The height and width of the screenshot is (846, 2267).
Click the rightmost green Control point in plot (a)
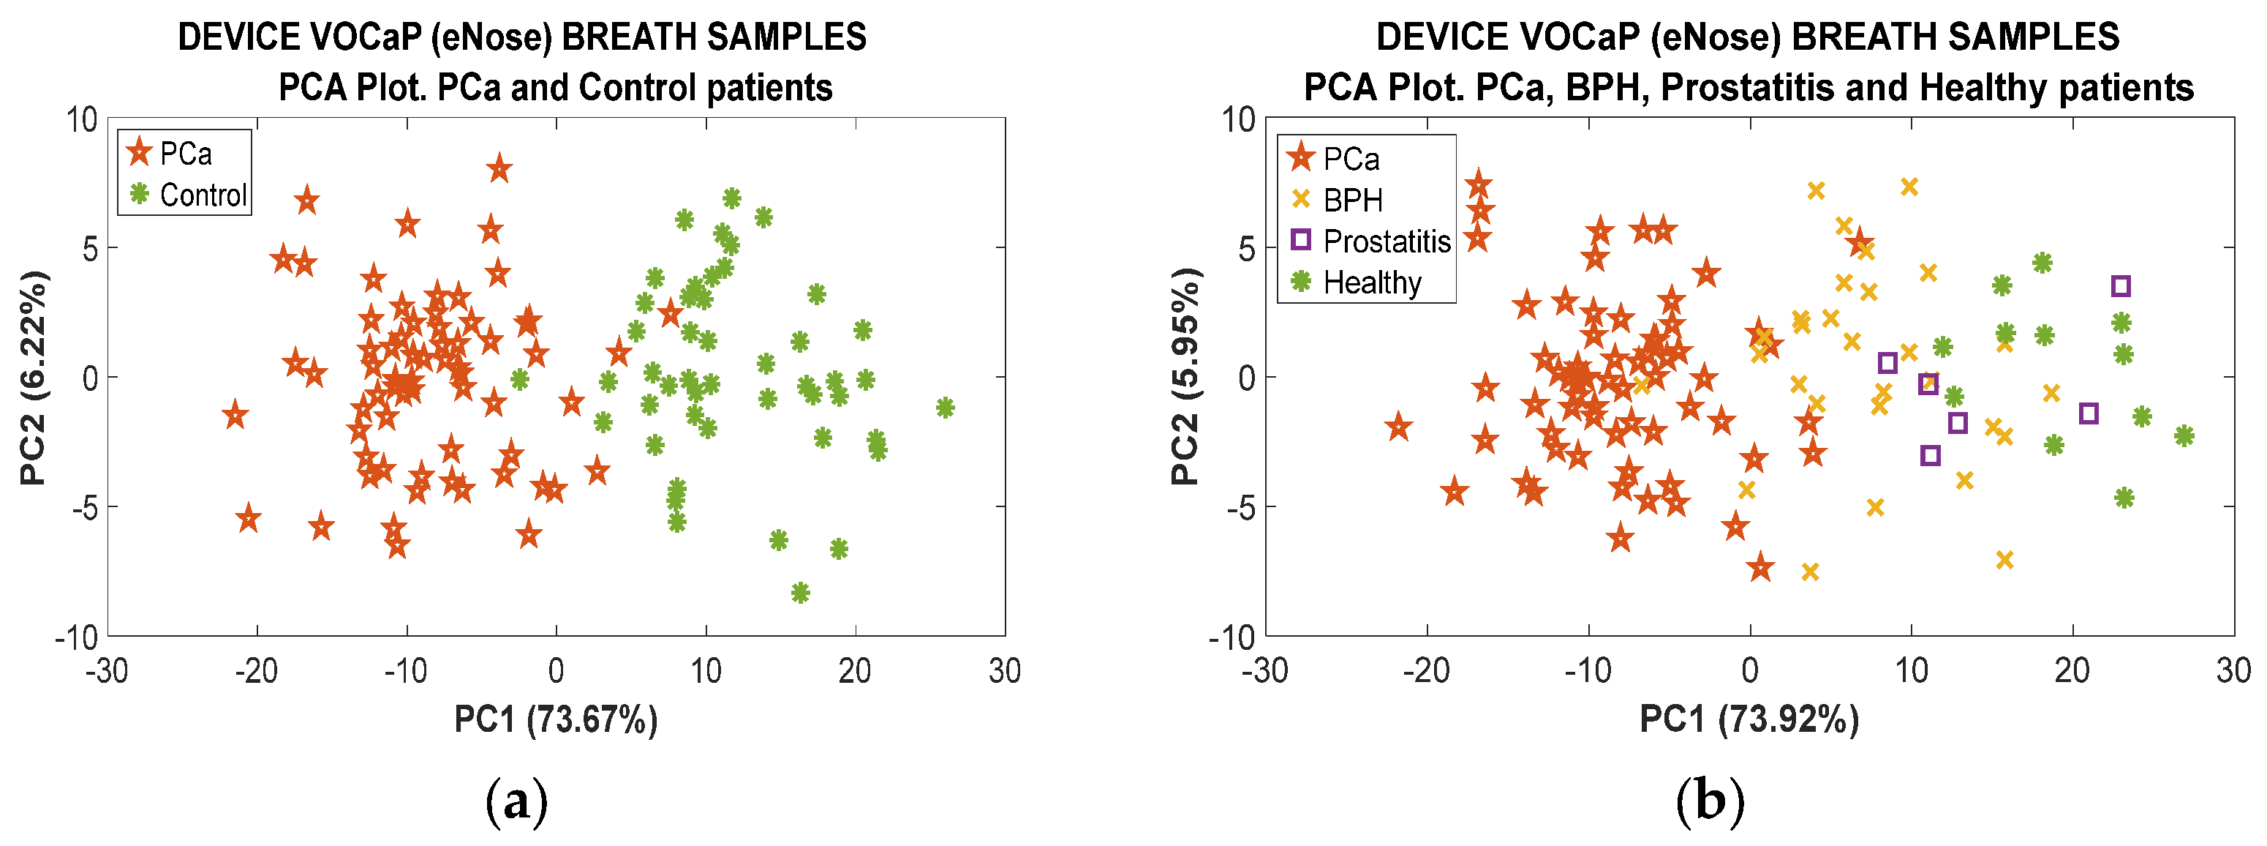pyautogui.click(x=944, y=408)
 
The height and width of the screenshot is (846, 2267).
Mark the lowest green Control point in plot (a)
pyautogui.click(x=800, y=593)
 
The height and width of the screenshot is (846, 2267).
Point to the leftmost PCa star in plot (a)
pyautogui.click(x=234, y=415)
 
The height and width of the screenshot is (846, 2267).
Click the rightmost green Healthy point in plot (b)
pyautogui.click(x=2184, y=435)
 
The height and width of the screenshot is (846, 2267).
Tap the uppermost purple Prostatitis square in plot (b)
pyautogui.click(x=2120, y=285)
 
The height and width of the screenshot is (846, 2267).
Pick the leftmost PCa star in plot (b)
pyautogui.click(x=1398, y=428)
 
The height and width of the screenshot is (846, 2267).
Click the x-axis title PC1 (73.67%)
pyautogui.click(x=555, y=719)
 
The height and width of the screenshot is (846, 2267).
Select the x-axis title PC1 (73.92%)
pyautogui.click(x=1749, y=719)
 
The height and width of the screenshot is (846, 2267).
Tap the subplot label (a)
pyautogui.click(x=516, y=802)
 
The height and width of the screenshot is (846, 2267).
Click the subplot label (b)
pyautogui.click(x=1709, y=802)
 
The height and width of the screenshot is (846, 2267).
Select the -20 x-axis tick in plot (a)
pyautogui.click(x=256, y=672)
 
